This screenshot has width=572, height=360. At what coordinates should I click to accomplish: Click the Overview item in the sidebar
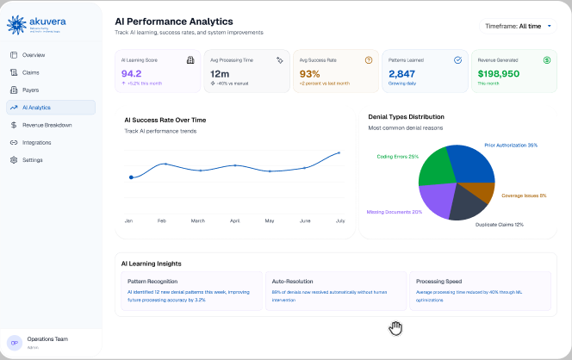tap(34, 55)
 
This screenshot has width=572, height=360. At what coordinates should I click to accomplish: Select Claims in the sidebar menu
tap(30, 72)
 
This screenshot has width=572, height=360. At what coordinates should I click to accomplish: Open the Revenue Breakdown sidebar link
tap(47, 125)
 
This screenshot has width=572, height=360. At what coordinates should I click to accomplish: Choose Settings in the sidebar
tap(33, 160)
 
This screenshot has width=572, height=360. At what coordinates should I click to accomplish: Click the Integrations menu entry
tap(36, 142)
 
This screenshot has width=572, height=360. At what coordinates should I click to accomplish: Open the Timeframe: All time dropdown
tap(517, 27)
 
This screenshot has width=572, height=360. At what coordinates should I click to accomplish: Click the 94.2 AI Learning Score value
tap(132, 74)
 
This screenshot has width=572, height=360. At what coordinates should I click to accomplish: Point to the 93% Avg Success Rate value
tap(309, 74)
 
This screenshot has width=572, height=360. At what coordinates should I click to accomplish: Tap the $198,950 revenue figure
tap(499, 74)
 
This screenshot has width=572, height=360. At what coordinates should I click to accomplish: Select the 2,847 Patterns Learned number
tap(402, 74)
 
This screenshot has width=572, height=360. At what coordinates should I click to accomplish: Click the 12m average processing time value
tap(220, 74)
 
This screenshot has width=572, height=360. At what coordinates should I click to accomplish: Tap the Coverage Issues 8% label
tap(524, 196)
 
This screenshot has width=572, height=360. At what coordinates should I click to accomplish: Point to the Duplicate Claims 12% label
tap(499, 224)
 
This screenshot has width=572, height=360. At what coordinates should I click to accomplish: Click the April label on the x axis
tap(234, 221)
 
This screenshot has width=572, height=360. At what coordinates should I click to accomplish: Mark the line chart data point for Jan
tap(131, 177)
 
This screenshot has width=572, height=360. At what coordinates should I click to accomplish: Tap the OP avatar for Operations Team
tap(15, 343)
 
